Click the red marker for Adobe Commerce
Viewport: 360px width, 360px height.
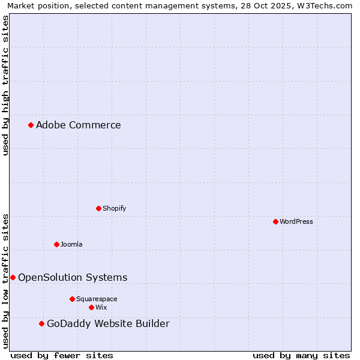click(31, 125)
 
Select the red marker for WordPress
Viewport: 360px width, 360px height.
click(275, 221)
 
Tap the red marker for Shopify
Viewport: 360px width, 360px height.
click(98, 208)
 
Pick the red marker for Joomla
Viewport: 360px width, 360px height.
click(56, 244)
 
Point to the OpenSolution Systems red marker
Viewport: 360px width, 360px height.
click(13, 277)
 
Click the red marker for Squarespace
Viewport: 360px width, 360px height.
click(72, 299)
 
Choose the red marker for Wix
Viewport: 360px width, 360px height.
click(91, 307)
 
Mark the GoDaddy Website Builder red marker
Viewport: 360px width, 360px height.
click(41, 323)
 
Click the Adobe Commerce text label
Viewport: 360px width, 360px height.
click(79, 125)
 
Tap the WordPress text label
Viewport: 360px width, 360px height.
click(296, 221)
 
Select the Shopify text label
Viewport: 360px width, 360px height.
click(115, 208)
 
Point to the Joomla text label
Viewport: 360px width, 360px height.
click(71, 244)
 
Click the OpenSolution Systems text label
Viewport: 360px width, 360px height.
click(73, 277)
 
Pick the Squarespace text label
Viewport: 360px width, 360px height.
click(97, 299)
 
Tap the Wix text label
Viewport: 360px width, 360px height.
click(101, 307)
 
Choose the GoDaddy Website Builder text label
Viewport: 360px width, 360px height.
click(108, 324)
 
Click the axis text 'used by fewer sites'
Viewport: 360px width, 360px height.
click(62, 355)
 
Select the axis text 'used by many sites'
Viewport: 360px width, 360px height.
click(301, 355)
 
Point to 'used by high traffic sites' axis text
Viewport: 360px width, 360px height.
click(5, 85)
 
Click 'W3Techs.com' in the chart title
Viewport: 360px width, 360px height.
click(325, 5)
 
